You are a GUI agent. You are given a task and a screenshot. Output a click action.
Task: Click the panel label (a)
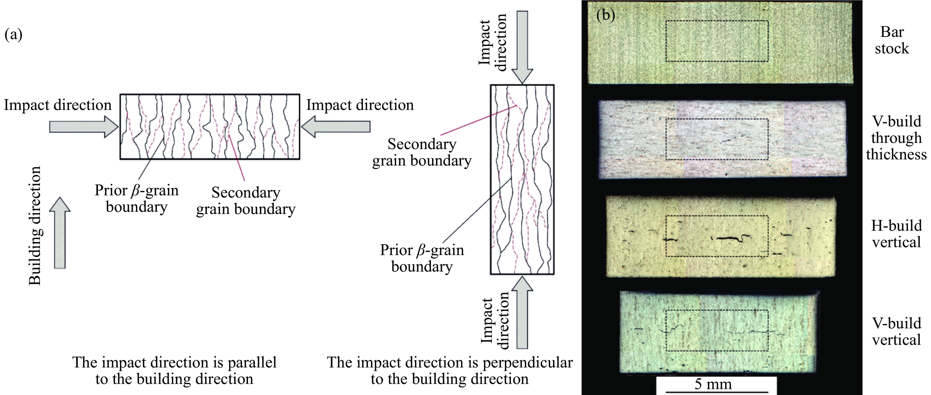click(13, 35)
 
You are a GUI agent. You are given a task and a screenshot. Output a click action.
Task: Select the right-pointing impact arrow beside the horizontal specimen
click(83, 127)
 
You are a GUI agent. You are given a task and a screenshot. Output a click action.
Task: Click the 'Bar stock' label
click(891, 40)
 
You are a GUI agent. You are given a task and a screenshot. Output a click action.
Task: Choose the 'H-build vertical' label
click(896, 234)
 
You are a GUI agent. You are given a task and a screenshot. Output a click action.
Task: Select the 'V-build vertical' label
click(896, 332)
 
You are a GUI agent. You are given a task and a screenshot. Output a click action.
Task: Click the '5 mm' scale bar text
click(713, 384)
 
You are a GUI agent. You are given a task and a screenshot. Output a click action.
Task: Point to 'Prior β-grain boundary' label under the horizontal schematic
click(137, 198)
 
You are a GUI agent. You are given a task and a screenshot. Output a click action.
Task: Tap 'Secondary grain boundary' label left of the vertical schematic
click(422, 152)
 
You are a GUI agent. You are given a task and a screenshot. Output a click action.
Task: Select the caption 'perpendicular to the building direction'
click(449, 370)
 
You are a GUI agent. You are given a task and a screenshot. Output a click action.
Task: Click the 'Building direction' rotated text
click(35, 226)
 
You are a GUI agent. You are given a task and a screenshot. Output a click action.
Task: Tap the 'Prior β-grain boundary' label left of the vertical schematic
click(422, 258)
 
